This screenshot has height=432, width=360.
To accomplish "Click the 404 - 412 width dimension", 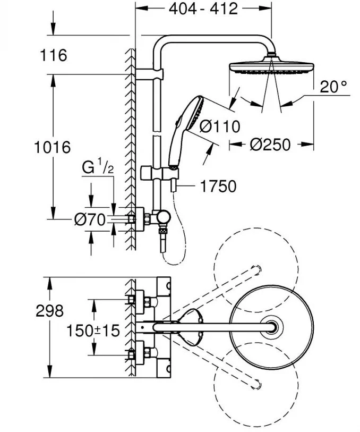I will click(x=200, y=9).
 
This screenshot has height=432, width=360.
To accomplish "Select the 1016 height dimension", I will click(x=52, y=147).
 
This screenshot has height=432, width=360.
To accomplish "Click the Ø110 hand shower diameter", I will click(x=220, y=126).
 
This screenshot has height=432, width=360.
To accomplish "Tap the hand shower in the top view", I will click(x=190, y=325).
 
